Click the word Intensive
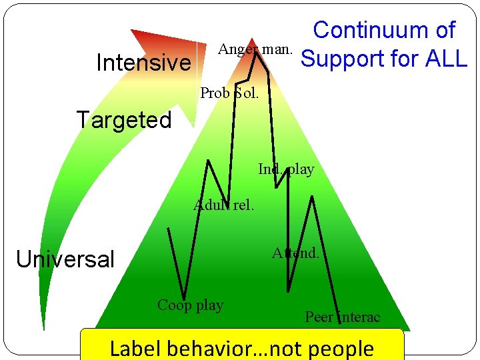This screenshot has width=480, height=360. [x=143, y=63]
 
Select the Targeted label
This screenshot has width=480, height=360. [x=123, y=120]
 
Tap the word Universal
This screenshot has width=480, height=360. [x=65, y=259]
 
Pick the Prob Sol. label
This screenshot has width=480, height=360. [x=229, y=93]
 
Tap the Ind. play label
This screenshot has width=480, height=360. [x=286, y=169]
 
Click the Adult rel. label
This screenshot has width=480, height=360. [x=224, y=205]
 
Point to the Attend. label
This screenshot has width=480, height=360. [x=295, y=253]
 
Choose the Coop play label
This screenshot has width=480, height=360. [x=190, y=305]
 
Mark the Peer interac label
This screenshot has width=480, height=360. [x=342, y=317]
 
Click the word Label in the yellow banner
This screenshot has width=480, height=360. [x=136, y=348]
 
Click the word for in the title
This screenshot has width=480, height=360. [x=400, y=59]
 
